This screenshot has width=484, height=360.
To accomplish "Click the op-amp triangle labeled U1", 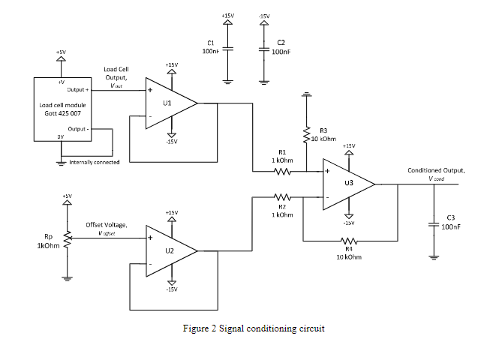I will tap(169, 103).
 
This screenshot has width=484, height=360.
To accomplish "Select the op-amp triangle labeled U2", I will tap(169, 250).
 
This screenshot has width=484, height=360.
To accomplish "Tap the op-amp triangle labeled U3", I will tap(347, 183).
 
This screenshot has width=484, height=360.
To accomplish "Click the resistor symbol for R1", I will tap(283, 172).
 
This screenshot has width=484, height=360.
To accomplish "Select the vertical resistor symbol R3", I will tap(306, 135).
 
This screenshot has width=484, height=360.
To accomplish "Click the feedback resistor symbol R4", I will tap(347, 241).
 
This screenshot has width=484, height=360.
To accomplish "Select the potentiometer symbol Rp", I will tap(67, 237).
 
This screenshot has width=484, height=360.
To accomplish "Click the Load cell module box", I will tap(63, 108).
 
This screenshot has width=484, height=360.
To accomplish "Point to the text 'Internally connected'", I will tap(94, 162).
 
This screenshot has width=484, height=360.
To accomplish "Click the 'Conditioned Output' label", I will tap(436, 170).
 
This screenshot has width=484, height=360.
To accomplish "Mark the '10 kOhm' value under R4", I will tap(348, 256).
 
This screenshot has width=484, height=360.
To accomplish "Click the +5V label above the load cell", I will tap(61, 52).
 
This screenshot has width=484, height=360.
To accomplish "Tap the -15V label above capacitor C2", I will tap(263, 15).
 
